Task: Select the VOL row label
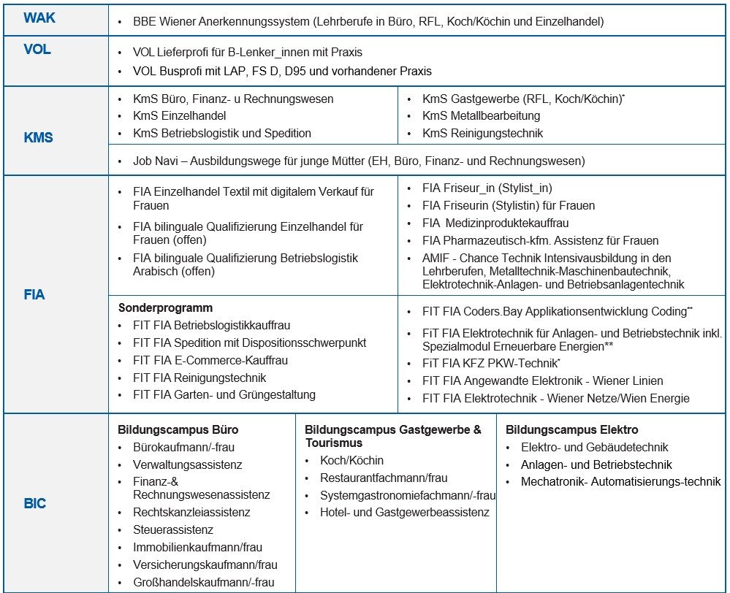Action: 37,51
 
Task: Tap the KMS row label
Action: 38,137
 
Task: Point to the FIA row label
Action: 34,295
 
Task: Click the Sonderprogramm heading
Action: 165,308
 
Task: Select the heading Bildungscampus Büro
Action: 178,429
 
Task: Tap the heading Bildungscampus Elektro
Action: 571,429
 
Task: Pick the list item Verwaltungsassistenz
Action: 187,464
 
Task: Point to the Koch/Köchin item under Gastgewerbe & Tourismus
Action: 351,460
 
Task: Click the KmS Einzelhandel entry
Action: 179,115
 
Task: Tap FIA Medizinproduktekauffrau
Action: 495,223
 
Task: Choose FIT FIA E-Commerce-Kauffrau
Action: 210,360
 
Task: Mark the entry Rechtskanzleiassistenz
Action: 191,512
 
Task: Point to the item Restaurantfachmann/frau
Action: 384,478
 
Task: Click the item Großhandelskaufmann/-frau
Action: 204,582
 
